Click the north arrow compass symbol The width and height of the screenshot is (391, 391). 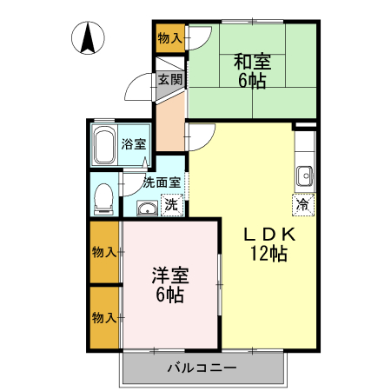[89, 38]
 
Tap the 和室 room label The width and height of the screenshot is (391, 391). [252, 62]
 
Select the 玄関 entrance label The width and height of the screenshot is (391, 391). [170, 80]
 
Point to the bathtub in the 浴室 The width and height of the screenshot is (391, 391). [105, 145]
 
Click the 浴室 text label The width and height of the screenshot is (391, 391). [133, 144]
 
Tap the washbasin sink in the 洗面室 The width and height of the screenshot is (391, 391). [146, 208]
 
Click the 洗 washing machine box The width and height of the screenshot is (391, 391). [172, 206]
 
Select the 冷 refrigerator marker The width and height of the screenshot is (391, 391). [302, 205]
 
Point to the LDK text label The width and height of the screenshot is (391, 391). [268, 234]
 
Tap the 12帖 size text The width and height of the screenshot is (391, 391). [268, 254]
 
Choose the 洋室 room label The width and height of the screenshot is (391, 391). [170, 275]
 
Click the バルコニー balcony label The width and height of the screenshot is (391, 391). [202, 368]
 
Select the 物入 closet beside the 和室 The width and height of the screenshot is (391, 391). [170, 37]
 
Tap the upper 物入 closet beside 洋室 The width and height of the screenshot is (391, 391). [104, 252]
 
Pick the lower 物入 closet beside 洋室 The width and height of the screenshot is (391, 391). [104, 317]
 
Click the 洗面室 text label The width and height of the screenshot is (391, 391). [162, 182]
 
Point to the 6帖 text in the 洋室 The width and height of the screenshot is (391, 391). [170, 295]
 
